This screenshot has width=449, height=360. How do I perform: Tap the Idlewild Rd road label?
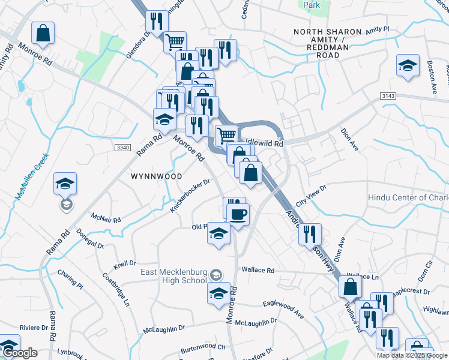(x=264, y=144)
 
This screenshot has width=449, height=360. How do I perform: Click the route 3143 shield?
(x=387, y=95)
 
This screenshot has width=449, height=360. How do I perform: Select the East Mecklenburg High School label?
(x=173, y=276)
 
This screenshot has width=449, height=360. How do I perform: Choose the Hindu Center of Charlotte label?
(x=408, y=198)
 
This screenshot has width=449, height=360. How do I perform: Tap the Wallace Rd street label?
(x=258, y=271)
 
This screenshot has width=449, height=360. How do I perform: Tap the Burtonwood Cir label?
(x=203, y=347)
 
